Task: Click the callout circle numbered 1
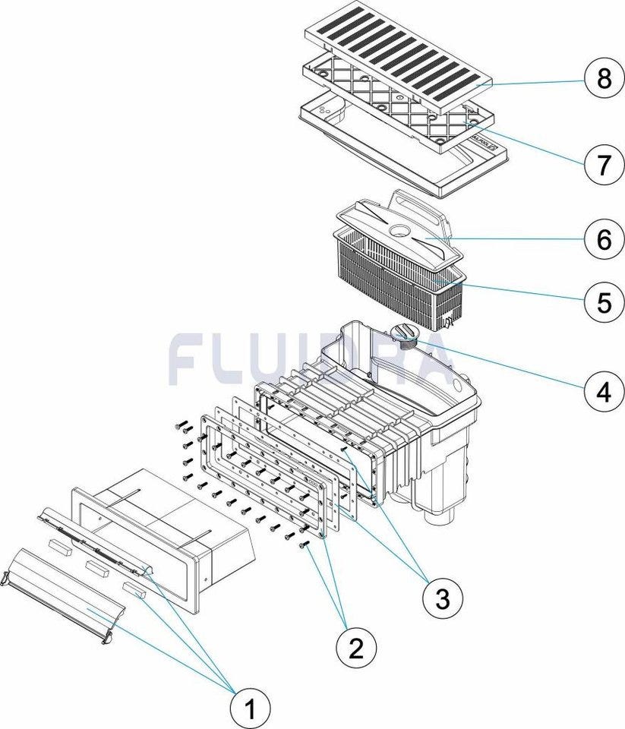pyautogui.click(x=251, y=710)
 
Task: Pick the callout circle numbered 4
pyautogui.click(x=603, y=391)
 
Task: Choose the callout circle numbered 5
pyautogui.click(x=603, y=301)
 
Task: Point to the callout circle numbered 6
pyautogui.click(x=603, y=239)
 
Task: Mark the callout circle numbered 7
pyautogui.click(x=603, y=163)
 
